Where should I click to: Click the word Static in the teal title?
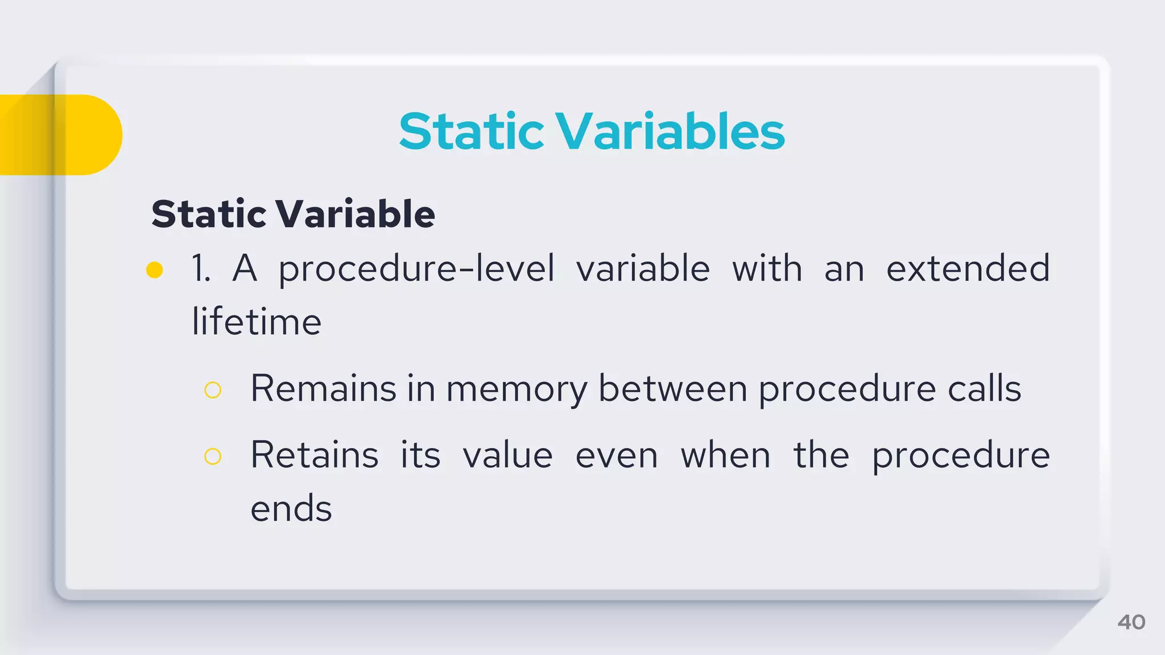point(472,131)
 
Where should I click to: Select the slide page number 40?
point(1131,622)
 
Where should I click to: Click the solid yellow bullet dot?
point(155,270)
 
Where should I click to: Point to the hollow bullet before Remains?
point(213,390)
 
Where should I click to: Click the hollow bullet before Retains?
point(213,456)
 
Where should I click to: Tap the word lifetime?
point(257,322)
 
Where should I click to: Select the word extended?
point(968,268)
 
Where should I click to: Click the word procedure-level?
point(416,268)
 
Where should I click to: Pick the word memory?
point(517,390)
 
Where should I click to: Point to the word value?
point(507,456)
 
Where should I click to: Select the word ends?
point(291,508)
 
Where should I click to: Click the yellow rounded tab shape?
point(63,135)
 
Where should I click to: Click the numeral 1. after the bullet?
point(201,268)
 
